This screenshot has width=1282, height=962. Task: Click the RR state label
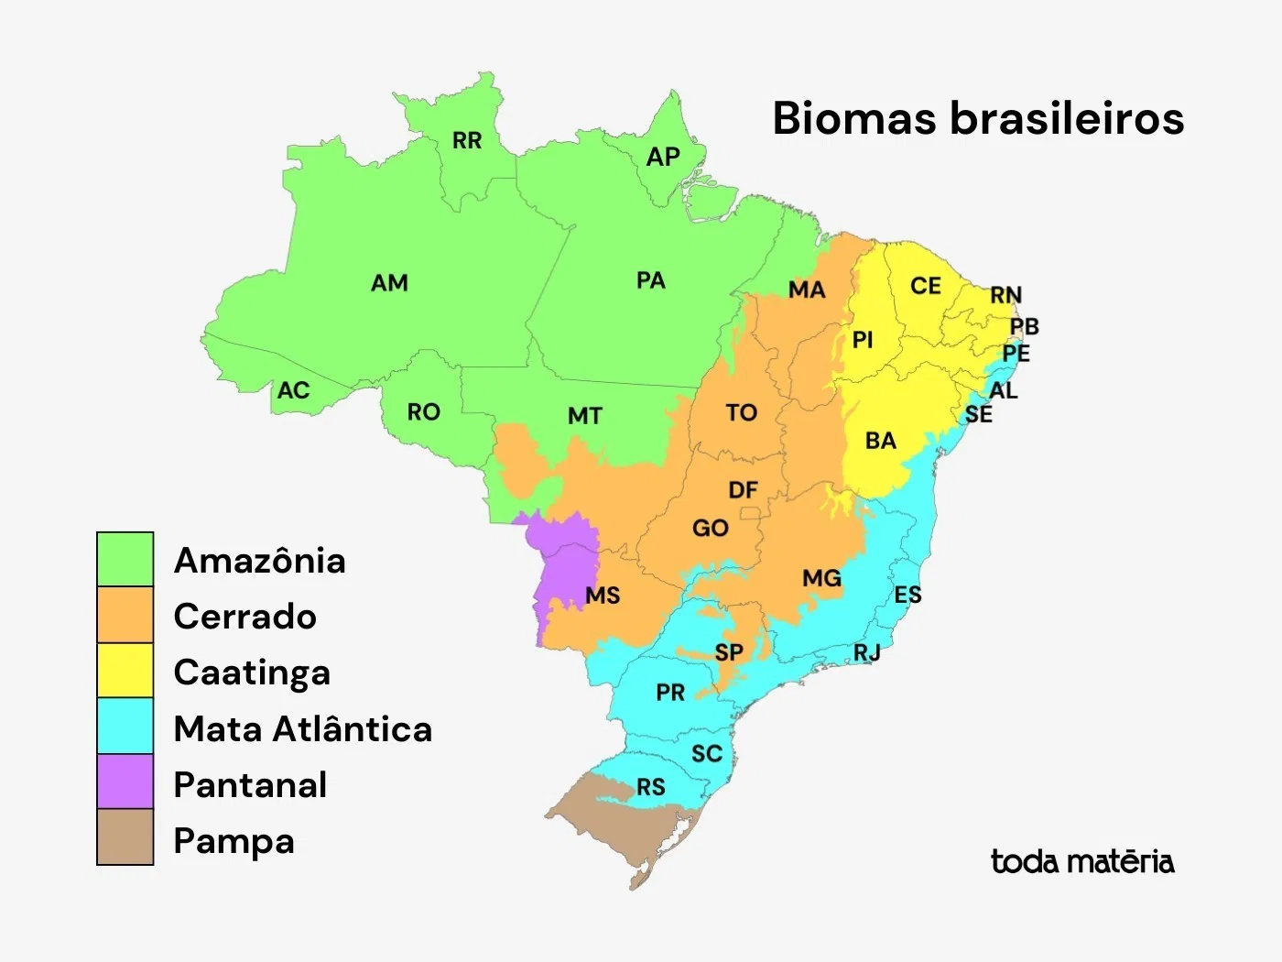pos(467,141)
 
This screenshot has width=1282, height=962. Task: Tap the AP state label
pos(663,158)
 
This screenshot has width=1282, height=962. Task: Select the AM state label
pos(389,283)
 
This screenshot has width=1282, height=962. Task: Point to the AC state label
pos(293,391)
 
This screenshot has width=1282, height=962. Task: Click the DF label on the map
pos(743,491)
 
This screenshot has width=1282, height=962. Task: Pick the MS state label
pos(603,596)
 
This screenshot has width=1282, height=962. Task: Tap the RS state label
pos(651,788)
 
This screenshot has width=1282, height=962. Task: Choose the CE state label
pos(925,287)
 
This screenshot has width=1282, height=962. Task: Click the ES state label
pos(907,596)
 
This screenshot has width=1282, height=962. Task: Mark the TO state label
pos(742,413)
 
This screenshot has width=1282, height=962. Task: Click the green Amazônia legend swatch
pos(125,559)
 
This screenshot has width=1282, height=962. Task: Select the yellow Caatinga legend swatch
pos(125,670)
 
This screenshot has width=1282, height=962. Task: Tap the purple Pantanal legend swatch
pos(125,782)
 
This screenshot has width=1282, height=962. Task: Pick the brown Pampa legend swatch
pos(125,837)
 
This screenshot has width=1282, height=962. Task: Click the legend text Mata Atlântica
pos(302,729)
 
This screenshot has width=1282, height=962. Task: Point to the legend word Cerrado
pos(244,617)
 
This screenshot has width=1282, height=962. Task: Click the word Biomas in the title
pos(853,119)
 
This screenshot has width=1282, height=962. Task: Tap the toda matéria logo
pos(1081,862)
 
